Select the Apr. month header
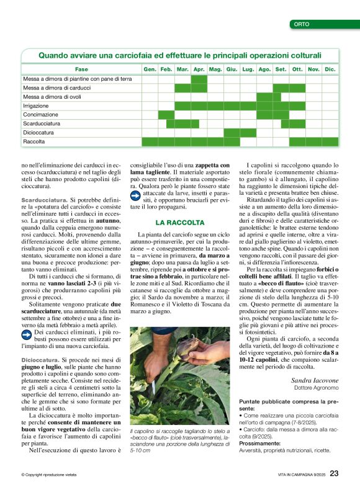(x=199, y=69)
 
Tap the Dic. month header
(x=330, y=69)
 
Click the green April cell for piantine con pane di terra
(x=199, y=79)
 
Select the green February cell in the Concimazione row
(x=166, y=115)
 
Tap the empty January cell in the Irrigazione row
(x=150, y=106)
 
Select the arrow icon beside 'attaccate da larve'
(x=135, y=196)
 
